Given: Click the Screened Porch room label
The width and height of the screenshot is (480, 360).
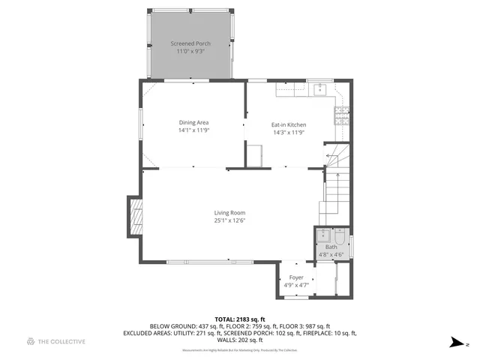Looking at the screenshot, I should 190,43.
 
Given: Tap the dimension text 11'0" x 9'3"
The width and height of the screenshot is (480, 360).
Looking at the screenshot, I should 190,52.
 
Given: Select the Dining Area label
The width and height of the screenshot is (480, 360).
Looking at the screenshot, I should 193,122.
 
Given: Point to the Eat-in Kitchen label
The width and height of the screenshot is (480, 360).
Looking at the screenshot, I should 289,124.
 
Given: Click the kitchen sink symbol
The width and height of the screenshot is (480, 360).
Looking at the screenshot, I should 319,89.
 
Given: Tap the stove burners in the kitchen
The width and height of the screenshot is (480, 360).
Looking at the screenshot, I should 341,114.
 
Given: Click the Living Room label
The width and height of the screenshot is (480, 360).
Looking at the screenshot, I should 229,212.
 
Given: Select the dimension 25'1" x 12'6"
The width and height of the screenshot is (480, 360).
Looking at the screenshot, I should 229,220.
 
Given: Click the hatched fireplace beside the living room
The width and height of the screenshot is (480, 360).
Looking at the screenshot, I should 135,217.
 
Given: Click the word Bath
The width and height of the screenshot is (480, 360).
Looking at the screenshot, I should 331,247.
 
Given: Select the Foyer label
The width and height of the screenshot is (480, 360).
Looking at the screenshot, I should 296,277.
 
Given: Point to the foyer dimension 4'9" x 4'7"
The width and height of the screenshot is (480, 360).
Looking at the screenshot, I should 296,285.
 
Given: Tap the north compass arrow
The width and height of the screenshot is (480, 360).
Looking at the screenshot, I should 455,343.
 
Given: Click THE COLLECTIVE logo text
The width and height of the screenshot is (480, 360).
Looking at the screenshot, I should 62,342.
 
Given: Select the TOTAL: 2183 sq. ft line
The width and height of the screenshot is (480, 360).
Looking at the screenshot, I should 254,318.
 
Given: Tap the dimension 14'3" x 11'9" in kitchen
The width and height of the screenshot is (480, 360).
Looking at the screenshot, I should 289,133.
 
